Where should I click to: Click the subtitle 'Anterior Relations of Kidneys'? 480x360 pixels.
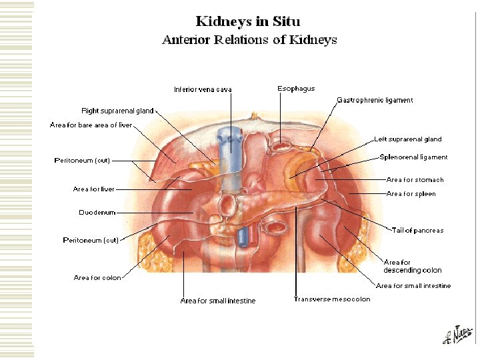click(249, 39)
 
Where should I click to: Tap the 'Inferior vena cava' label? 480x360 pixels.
click(203, 89)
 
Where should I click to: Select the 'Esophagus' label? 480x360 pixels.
click(296, 88)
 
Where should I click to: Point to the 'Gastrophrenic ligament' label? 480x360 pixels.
click(375, 100)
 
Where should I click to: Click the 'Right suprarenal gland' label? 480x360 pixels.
click(117, 111)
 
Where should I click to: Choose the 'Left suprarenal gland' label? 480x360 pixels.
click(407, 139)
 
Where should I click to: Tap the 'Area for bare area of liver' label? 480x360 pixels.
click(91, 125)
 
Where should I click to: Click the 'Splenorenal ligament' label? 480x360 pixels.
click(413, 157)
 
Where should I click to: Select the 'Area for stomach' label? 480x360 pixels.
click(415, 179)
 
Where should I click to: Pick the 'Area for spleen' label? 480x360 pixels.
click(411, 193)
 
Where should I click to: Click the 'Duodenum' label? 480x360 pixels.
click(97, 213)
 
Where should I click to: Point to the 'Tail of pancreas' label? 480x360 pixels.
click(417, 230)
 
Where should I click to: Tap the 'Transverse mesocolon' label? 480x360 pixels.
click(332, 299)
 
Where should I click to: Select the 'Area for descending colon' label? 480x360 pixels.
click(412, 266)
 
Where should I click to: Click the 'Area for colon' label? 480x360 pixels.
click(97, 277)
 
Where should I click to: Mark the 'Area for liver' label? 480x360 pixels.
click(94, 189)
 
